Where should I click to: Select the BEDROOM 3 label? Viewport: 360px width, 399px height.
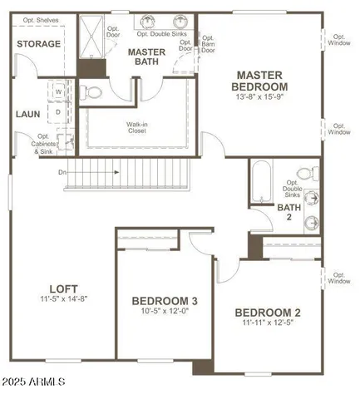pos(165,300)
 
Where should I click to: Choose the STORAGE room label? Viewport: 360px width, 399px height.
pos(38,44)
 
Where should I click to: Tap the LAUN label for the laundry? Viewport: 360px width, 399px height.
pos(27,115)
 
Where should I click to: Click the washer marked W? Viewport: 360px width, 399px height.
pos(59,93)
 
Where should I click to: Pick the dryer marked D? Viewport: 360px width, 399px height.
pos(59,109)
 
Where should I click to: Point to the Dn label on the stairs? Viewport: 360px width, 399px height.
pos(62,173)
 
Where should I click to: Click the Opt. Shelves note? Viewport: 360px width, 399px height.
pos(39,19)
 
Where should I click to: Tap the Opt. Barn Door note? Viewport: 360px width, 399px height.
pos(185,44)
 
